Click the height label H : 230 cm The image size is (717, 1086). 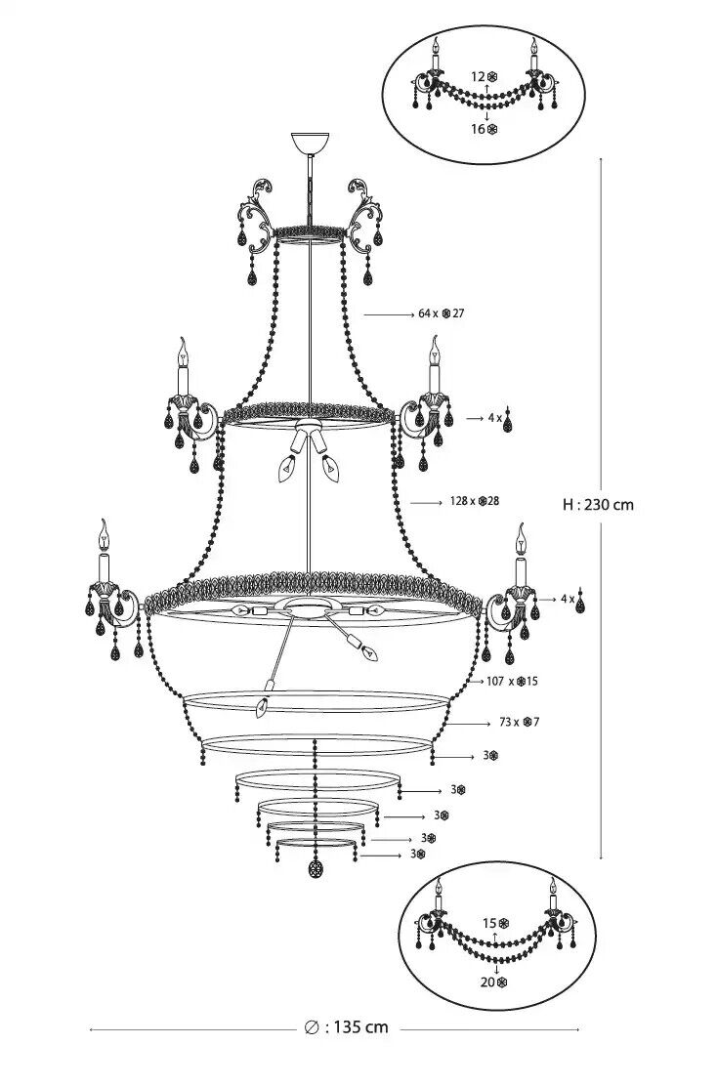pos(598,505)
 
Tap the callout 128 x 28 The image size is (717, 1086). pos(474,500)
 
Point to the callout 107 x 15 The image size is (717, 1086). pos(512,681)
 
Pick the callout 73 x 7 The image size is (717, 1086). pos(519,723)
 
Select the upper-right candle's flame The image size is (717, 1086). pos(433,346)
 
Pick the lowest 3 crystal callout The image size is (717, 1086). pos(418,854)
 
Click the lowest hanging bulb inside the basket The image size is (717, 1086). pos(261,706)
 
